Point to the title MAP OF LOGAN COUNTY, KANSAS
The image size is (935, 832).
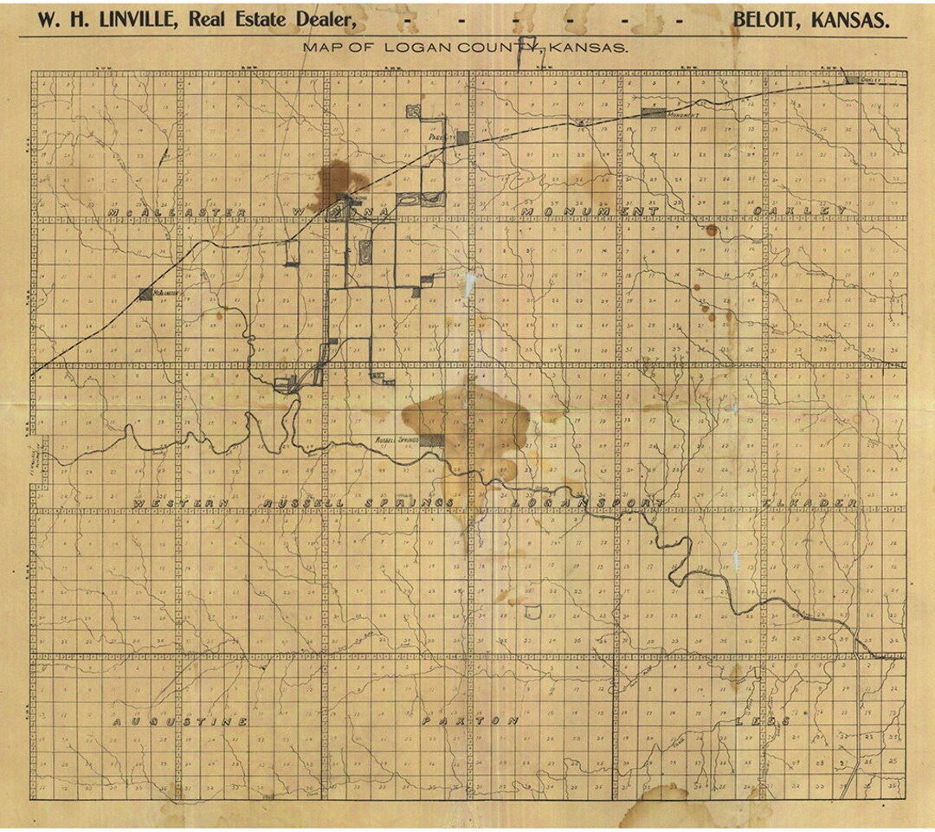(x=465, y=48)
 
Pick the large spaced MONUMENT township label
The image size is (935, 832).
(x=590, y=211)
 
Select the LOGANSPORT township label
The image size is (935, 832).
(x=588, y=502)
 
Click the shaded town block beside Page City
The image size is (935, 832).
(x=463, y=137)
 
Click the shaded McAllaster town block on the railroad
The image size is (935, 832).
(x=145, y=293)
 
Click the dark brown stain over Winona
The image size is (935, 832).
(x=336, y=182)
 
